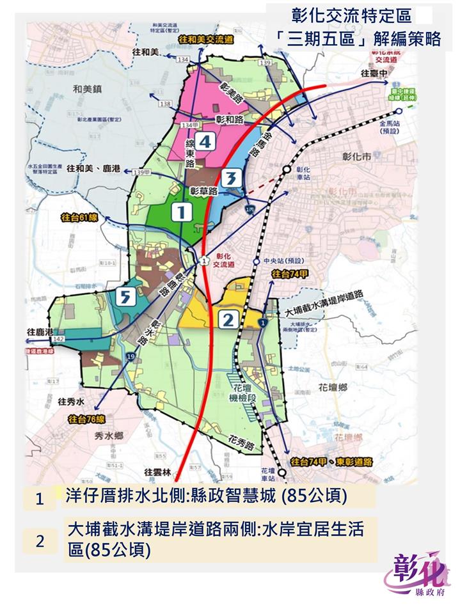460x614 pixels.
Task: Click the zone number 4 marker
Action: pyautogui.click(x=204, y=141)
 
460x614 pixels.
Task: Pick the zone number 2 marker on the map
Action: pyautogui.click(x=228, y=318)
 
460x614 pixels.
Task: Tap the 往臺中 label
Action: pyautogui.click(x=374, y=74)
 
